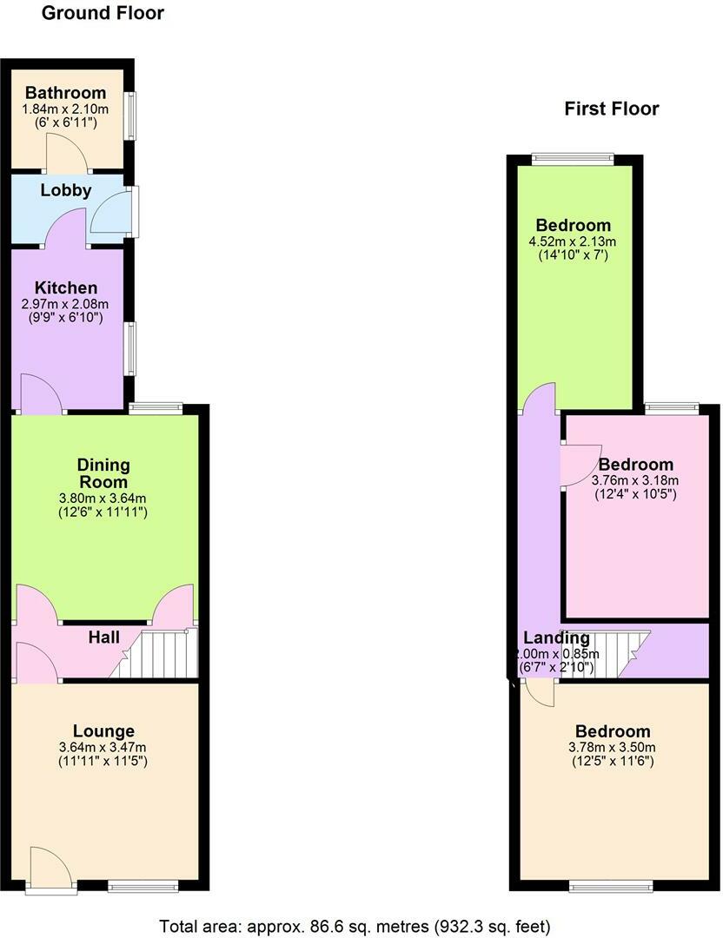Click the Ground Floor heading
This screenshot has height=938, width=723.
click(103, 13)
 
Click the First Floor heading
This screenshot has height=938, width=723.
click(611, 109)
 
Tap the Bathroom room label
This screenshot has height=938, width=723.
click(65, 93)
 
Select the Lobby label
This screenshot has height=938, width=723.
click(65, 191)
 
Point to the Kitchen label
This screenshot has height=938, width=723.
click(65, 288)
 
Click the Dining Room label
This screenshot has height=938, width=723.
click(103, 473)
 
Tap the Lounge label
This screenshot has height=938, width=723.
click(103, 731)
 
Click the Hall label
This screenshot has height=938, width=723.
click(103, 637)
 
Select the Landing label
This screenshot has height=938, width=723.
click(555, 638)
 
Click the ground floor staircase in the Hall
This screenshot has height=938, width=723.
click(156, 654)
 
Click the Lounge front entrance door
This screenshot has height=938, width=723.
click(49, 869)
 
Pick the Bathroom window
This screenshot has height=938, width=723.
click(130, 115)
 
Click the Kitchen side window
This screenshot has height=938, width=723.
click(130, 348)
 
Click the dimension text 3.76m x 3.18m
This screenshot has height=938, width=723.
click(635, 480)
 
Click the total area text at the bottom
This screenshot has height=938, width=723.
click(355, 925)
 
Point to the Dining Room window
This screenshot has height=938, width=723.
click(156, 406)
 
